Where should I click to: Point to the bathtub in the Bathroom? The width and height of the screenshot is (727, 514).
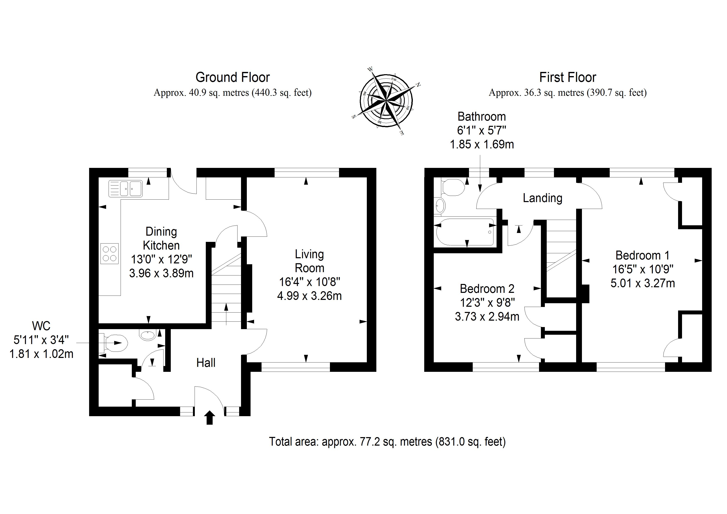[465, 232]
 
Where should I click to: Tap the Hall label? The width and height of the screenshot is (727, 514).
[206, 363]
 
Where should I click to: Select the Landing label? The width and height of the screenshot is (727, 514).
[542, 198]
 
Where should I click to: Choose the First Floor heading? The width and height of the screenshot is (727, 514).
[567, 77]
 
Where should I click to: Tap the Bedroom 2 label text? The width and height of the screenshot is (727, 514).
[487, 289]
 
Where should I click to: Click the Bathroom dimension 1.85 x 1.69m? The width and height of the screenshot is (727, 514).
[482, 145]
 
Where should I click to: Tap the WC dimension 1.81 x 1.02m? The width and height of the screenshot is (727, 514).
[41, 354]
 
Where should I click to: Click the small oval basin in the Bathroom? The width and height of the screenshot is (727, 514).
[440, 206]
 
